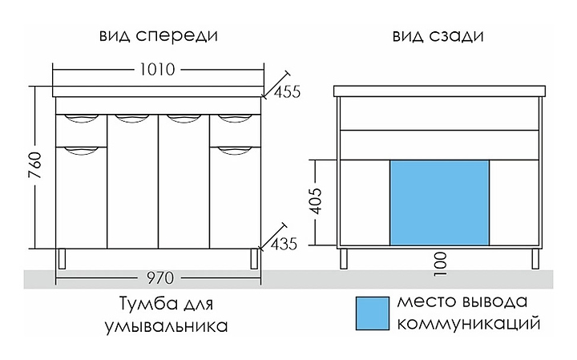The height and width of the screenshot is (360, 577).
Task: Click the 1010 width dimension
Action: coord(158,70)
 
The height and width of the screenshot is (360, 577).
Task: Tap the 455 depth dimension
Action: coord(286,91)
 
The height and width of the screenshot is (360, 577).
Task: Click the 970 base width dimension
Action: coord(157,278)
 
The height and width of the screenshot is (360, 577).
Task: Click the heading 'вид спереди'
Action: coord(158,37)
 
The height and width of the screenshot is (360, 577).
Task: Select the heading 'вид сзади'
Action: coord(438,37)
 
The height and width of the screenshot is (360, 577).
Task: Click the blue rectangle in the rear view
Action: coord(439,202)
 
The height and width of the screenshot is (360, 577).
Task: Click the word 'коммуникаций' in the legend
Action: coord(467,324)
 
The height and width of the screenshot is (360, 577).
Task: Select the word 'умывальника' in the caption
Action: coord(166,326)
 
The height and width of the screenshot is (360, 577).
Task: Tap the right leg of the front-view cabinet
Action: coord(255,257)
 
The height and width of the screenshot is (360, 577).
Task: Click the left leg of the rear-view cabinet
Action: coord(344,258)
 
